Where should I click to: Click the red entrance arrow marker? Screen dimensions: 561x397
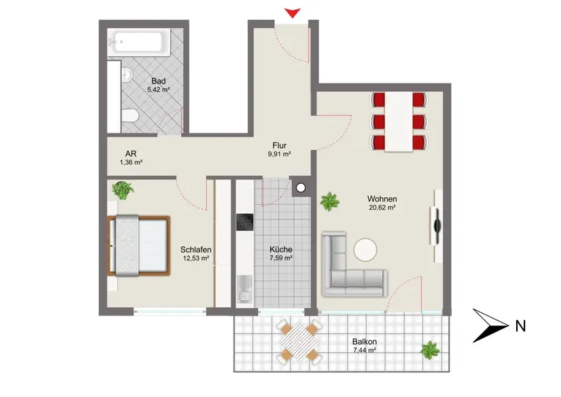292,13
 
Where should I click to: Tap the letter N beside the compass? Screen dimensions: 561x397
520,326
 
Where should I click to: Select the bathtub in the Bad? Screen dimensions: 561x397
140,43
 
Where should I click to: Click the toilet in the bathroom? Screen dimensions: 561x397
130,116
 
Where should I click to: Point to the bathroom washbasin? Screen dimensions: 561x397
127,75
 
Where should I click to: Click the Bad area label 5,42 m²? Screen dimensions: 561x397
158,90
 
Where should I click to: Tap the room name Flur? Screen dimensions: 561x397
279,145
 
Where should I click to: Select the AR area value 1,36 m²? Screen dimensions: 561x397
131,162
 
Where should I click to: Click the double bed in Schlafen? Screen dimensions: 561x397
139,245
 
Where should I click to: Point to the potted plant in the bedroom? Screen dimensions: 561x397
123,190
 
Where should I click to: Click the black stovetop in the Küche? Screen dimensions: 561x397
245,222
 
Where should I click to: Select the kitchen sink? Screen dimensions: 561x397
245,289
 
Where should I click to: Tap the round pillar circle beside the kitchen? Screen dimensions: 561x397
301,187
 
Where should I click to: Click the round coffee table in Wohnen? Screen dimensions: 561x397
365,250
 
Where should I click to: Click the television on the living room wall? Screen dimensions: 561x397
437,226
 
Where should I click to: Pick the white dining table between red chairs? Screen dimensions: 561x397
399,121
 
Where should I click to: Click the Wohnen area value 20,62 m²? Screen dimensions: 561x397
382,208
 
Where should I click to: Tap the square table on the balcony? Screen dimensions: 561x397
299,342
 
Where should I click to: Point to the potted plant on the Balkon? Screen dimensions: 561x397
430,350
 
